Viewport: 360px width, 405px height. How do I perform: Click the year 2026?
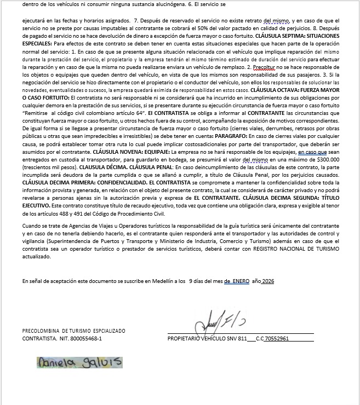point(267,281)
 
